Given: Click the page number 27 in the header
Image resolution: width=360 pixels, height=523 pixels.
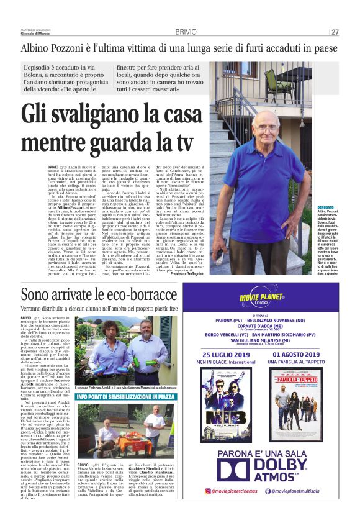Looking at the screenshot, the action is [335, 32].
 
